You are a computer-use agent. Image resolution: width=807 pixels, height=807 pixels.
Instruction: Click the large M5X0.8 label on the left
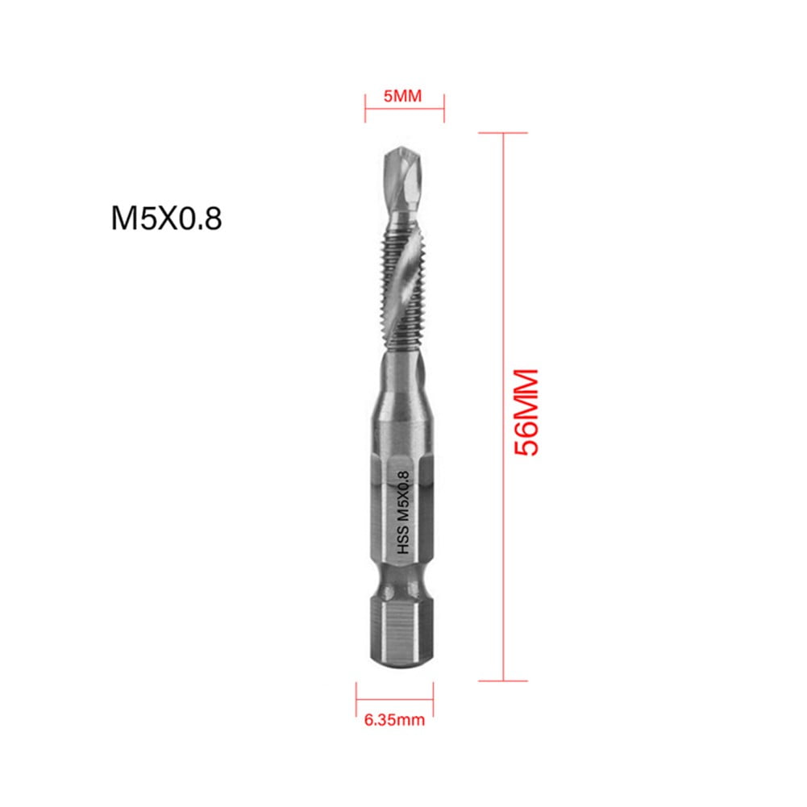166,218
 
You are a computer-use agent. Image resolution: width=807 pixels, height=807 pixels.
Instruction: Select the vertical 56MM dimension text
526,413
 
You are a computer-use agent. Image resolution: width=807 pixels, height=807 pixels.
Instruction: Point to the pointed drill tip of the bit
403,152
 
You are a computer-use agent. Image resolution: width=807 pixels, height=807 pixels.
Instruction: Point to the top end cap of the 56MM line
504,133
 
